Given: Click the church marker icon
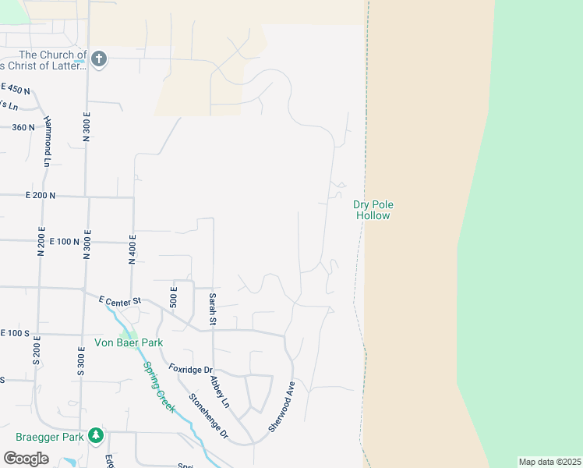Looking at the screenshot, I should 99,58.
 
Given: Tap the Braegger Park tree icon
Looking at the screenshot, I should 96,436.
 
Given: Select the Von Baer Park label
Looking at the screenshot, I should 129,342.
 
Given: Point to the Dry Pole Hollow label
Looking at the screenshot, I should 373,210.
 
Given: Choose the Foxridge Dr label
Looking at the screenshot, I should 191,369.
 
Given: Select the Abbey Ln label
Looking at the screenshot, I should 220,392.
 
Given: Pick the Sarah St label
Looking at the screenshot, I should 211,309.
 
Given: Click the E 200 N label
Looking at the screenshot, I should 40,196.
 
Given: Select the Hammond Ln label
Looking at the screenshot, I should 48,141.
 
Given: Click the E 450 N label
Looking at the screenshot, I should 16,89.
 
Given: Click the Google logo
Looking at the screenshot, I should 26,459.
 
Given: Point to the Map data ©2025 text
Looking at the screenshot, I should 549,462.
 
